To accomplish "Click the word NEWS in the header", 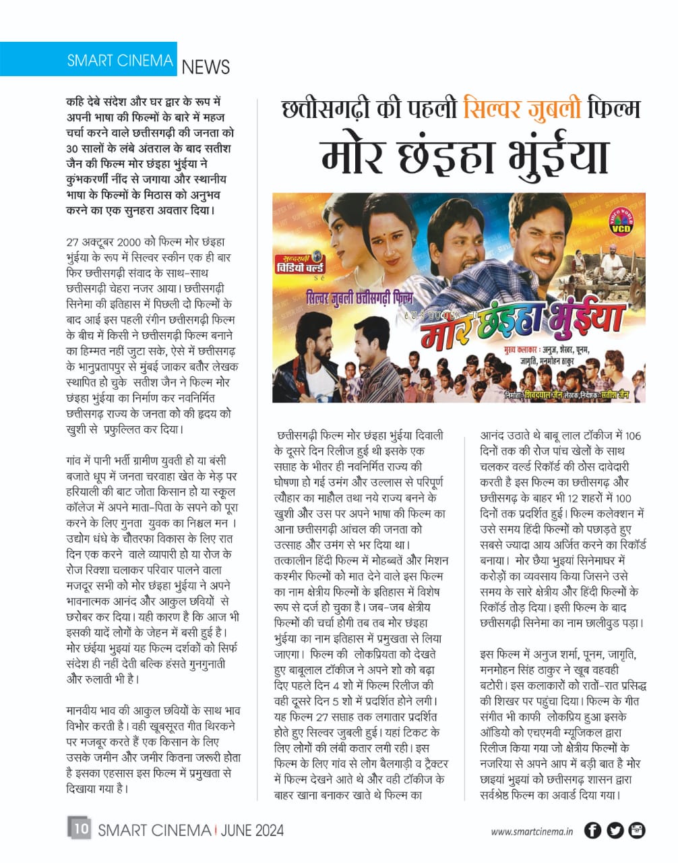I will (206, 67).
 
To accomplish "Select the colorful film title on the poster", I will (512, 322).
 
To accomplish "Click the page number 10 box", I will (79, 829).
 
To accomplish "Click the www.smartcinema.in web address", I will (532, 831).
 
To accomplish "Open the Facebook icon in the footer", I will (592, 831).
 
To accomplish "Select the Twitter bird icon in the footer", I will (615, 831).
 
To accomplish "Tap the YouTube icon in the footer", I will (637, 831).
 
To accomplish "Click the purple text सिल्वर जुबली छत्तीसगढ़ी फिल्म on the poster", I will (359, 297).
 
